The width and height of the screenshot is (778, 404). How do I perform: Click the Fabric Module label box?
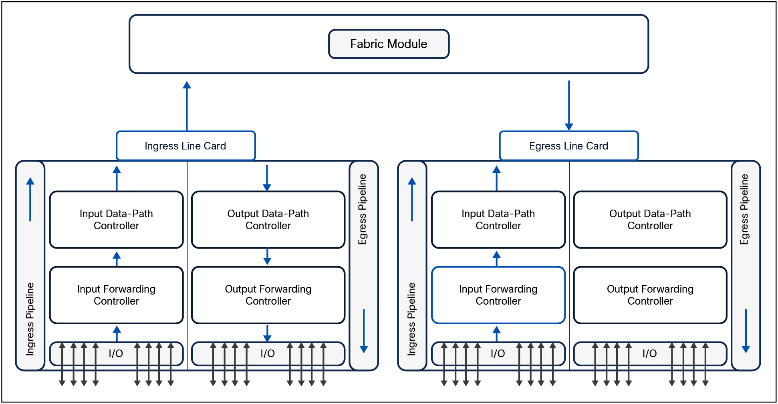click(x=389, y=44)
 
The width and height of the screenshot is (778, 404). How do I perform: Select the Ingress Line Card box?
click(x=185, y=146)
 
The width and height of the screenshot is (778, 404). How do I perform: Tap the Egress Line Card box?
click(x=568, y=146)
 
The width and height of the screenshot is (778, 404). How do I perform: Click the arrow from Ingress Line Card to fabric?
click(x=187, y=106)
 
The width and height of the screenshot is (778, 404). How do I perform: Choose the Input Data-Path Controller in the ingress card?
click(x=116, y=220)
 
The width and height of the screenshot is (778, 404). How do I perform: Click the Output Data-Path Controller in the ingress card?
click(x=268, y=220)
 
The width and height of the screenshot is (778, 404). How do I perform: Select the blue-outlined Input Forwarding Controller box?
click(x=498, y=295)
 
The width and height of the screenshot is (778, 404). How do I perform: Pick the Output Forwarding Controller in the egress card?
click(x=650, y=295)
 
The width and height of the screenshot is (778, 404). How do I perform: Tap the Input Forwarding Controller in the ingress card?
click(x=116, y=295)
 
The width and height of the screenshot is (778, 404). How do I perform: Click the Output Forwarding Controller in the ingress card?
click(x=268, y=295)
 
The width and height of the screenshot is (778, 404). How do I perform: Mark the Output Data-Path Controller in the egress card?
click(x=650, y=220)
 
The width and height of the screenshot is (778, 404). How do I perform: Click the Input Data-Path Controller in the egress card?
click(x=498, y=220)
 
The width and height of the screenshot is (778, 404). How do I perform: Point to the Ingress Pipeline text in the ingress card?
click(x=30, y=319)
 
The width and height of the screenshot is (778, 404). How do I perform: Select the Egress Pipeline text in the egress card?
click(x=744, y=209)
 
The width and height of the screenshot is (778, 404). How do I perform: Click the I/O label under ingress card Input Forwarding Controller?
click(x=116, y=353)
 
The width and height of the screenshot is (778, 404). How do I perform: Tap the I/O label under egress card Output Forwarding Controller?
click(x=649, y=353)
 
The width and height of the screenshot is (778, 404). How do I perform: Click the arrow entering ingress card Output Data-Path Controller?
click(x=267, y=178)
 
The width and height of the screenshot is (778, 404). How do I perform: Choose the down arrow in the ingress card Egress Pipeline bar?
click(x=364, y=331)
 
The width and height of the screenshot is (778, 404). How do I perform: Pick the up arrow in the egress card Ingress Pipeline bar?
click(x=412, y=199)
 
